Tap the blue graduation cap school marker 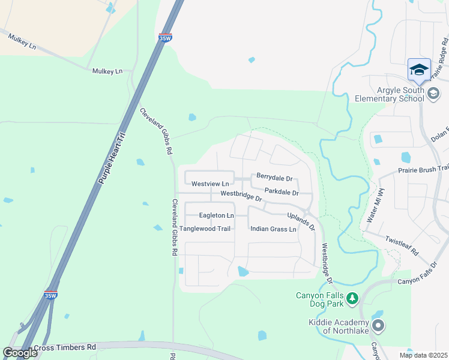419,70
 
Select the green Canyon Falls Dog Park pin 352,297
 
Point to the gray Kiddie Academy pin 378,326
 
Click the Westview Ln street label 210,184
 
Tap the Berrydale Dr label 274,178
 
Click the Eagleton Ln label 216,215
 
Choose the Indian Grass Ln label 274,229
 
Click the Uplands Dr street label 301,221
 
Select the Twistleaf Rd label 402,245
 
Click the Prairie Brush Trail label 423,170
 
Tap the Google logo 20,353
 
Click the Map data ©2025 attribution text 423,355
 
